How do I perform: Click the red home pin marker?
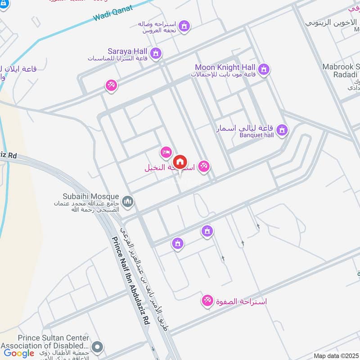tap(180, 162)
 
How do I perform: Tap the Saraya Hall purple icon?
tap(156, 54)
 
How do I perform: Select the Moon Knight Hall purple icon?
tap(264, 69)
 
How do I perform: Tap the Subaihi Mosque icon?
tap(128, 201)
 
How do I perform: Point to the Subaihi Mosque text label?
tap(91, 197)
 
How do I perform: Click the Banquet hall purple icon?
tap(282, 130)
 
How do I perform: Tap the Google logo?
tap(19, 353)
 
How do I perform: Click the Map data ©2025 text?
tap(336, 356)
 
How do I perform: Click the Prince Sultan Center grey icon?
tap(97, 347)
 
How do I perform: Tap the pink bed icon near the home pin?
tap(166, 152)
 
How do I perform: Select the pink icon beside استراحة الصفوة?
tap(207, 300)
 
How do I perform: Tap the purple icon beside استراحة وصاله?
tap(184, 27)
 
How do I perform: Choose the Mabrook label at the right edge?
tap(341, 67)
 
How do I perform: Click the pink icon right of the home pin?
tap(204, 166)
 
